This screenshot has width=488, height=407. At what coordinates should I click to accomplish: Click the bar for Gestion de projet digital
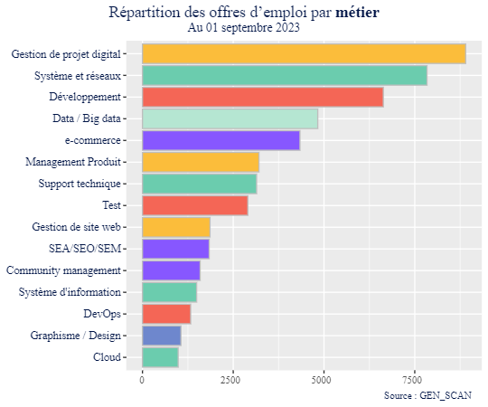click(304, 54)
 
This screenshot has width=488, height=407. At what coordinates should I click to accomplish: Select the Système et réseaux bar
click(284, 76)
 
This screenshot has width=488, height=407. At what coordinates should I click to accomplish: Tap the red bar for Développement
click(262, 98)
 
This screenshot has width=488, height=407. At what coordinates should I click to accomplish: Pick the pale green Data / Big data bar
click(230, 119)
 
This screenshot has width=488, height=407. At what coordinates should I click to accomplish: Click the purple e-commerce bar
click(221, 141)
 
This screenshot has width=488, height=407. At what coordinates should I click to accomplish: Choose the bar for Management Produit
click(200, 163)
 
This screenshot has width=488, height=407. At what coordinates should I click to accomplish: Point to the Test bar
click(194, 206)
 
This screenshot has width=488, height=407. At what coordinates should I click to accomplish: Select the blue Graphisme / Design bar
click(161, 336)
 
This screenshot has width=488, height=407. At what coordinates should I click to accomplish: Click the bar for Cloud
click(160, 358)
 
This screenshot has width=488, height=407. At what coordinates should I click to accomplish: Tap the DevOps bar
click(165, 315)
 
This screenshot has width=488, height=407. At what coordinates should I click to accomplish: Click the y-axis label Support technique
click(80, 185)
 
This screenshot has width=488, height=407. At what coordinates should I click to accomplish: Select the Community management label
click(63, 271)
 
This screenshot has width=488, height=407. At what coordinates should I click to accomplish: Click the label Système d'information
click(70, 293)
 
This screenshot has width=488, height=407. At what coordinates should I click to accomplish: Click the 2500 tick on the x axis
click(233, 380)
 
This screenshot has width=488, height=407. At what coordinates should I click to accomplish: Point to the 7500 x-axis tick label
click(415, 380)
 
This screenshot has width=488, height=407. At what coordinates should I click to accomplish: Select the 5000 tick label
click(324, 380)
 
